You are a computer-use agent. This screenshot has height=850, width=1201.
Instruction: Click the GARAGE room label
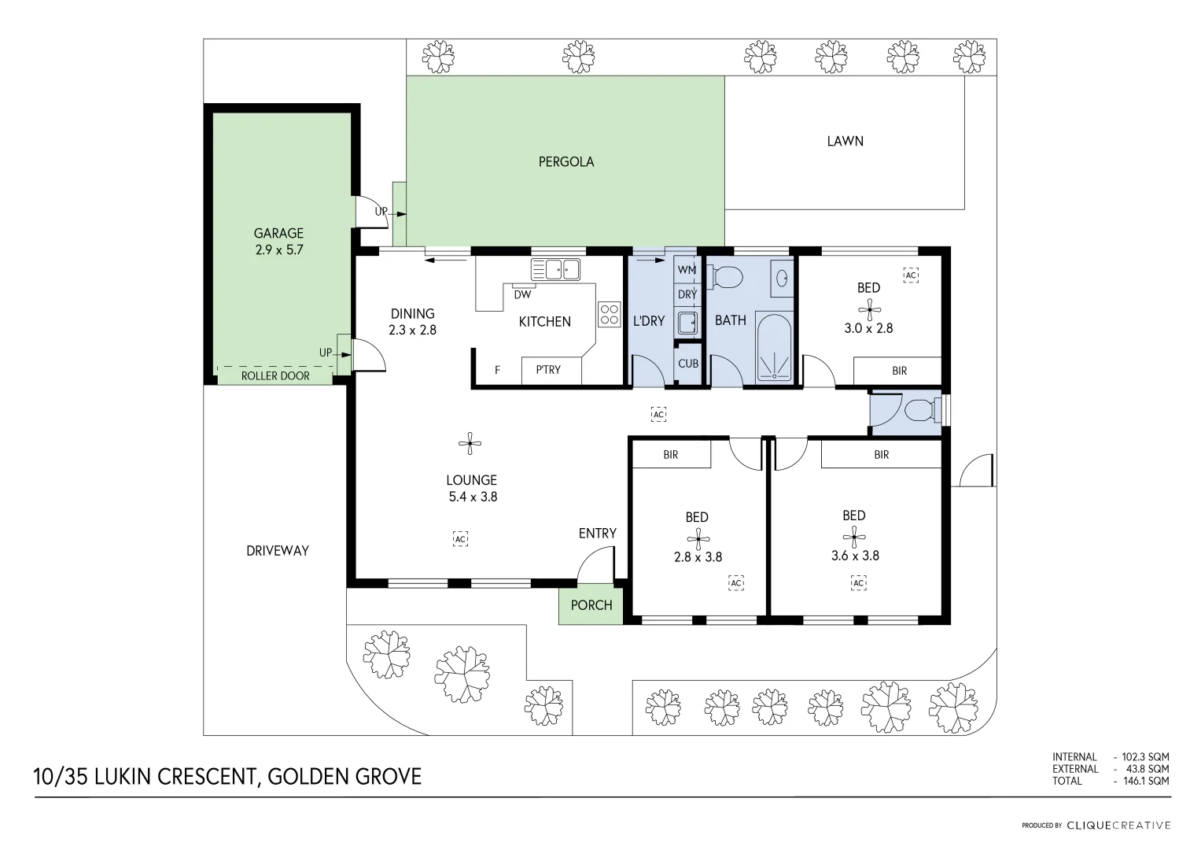[x=278, y=233]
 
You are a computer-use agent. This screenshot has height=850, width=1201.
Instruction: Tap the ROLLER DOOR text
[x=275, y=376]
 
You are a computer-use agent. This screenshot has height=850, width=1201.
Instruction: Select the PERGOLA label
[x=566, y=162]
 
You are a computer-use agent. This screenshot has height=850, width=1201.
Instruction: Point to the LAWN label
[x=845, y=142]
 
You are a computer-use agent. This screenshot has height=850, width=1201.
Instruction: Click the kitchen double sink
[x=555, y=269]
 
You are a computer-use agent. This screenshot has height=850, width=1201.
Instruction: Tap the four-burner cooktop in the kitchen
[x=610, y=315]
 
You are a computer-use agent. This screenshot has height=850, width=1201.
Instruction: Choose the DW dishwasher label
[x=522, y=295]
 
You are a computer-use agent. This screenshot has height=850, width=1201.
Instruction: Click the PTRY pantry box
[x=550, y=370]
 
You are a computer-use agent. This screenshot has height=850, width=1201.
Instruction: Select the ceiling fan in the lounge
[x=470, y=444]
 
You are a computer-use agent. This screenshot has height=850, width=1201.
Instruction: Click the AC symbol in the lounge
[x=461, y=538]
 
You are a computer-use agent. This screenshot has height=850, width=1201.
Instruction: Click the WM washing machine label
[x=687, y=270]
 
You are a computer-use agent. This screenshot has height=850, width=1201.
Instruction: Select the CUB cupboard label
[x=688, y=364]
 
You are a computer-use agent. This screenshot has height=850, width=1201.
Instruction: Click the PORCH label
[x=591, y=605]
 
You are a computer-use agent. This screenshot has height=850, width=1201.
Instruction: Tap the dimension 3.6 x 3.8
[x=855, y=556]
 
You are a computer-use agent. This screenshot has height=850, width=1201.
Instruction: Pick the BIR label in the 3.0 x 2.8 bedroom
[x=899, y=371]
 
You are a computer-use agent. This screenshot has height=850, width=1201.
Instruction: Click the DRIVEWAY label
[x=278, y=551]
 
